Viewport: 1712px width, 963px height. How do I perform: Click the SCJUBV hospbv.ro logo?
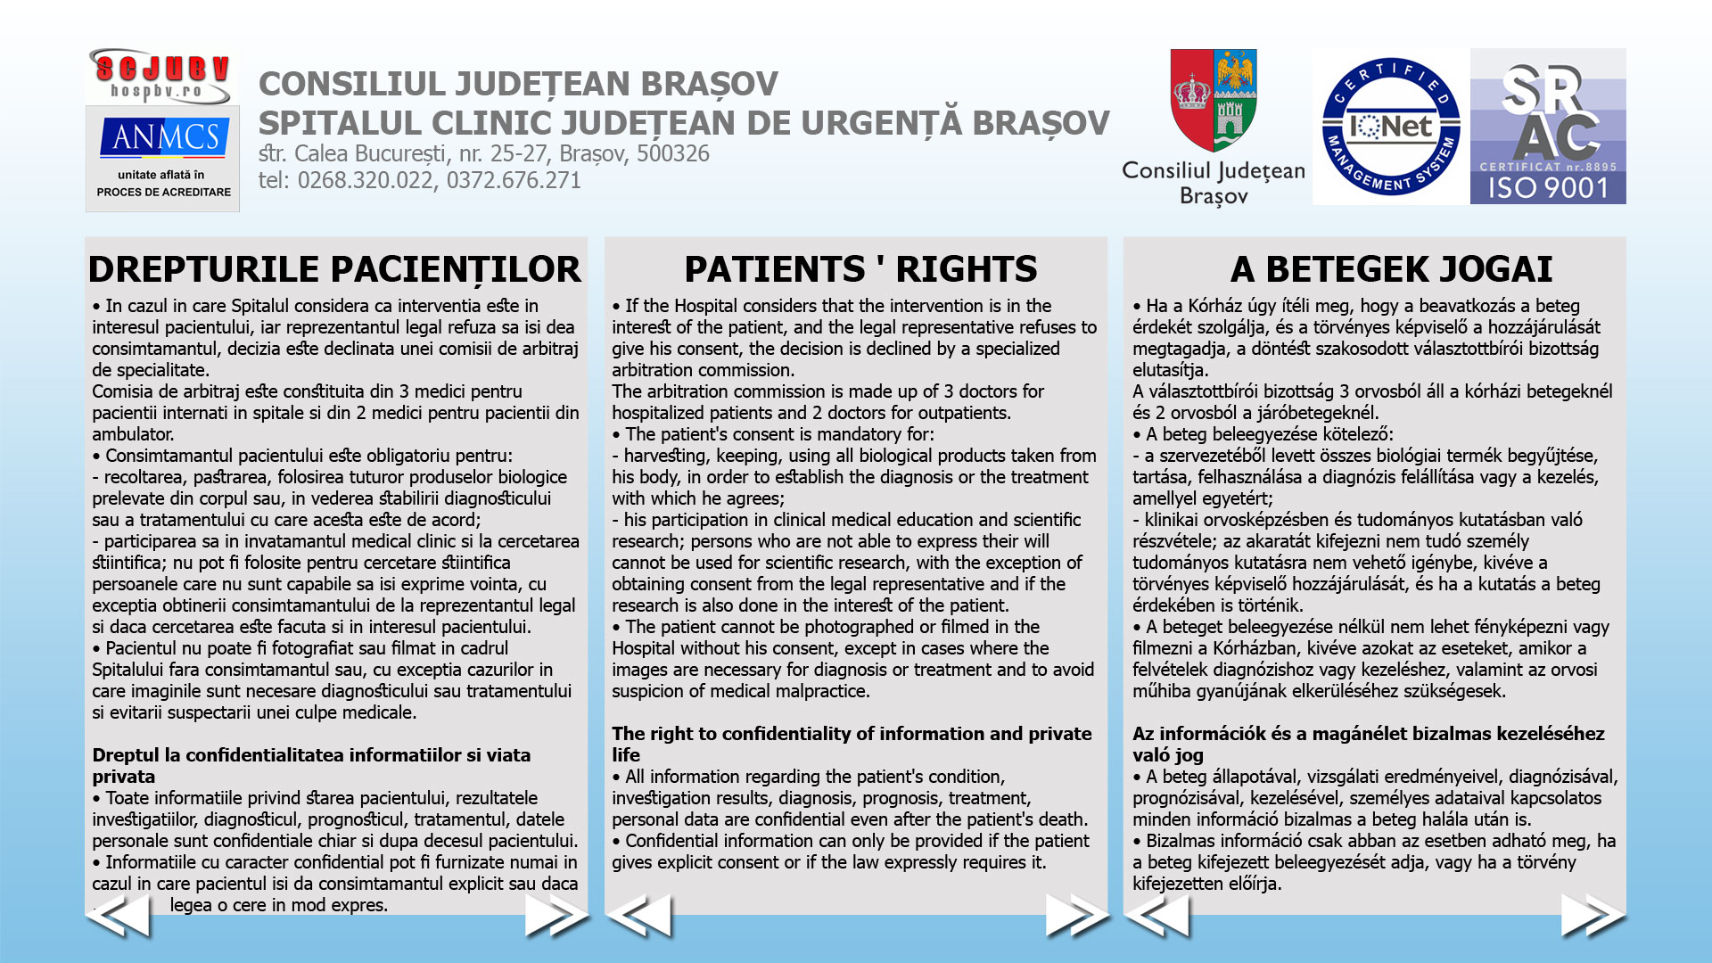(x=161, y=77)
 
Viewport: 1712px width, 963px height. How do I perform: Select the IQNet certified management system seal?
(x=1390, y=127)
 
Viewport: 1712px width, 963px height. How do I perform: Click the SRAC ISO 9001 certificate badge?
(x=1548, y=127)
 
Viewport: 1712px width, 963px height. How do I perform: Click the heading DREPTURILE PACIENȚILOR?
(x=334, y=269)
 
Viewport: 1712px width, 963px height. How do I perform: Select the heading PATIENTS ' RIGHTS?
(x=860, y=269)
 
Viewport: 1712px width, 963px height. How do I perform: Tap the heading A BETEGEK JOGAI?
(x=1391, y=269)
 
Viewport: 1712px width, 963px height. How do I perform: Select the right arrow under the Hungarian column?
(x=1593, y=916)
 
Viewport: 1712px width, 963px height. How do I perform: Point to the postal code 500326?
(x=673, y=153)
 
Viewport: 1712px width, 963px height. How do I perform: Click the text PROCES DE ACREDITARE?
(x=164, y=192)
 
